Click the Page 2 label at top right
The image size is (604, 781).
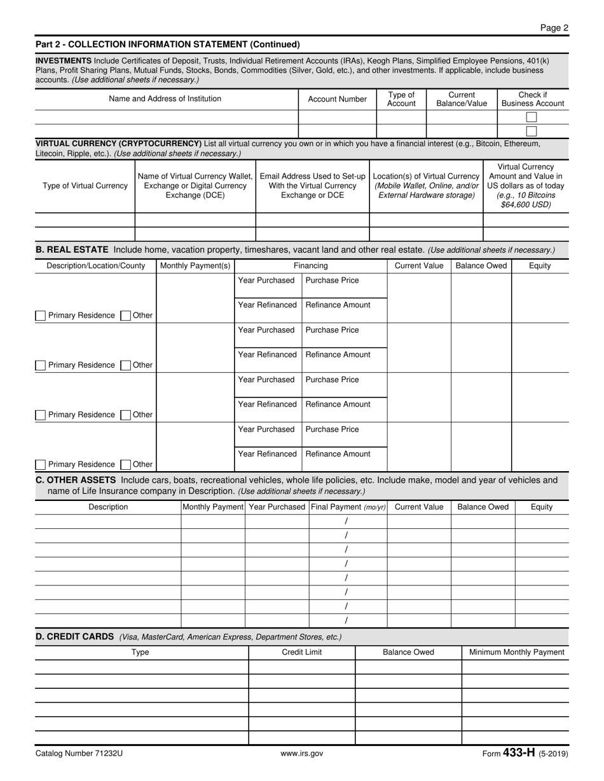(x=554, y=27)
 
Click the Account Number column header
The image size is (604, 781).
(x=337, y=99)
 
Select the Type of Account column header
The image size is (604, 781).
(x=401, y=99)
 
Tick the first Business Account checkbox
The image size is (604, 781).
(x=532, y=117)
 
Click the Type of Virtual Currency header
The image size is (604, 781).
(x=85, y=186)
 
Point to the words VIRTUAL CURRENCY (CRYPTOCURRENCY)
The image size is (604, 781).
(x=118, y=144)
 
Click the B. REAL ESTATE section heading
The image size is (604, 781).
(x=72, y=250)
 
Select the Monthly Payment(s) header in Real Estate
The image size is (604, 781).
(x=195, y=265)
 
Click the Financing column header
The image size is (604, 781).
(x=311, y=265)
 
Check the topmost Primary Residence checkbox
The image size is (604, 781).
(x=41, y=316)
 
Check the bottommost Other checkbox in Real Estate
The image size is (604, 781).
(x=126, y=464)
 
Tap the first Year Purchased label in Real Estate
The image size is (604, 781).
(x=266, y=281)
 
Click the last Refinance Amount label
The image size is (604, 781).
(x=338, y=454)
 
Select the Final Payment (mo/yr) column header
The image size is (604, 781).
(x=348, y=507)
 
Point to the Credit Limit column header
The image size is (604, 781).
(x=301, y=652)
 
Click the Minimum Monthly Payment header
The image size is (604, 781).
(x=516, y=652)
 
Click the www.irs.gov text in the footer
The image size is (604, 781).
(x=302, y=754)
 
